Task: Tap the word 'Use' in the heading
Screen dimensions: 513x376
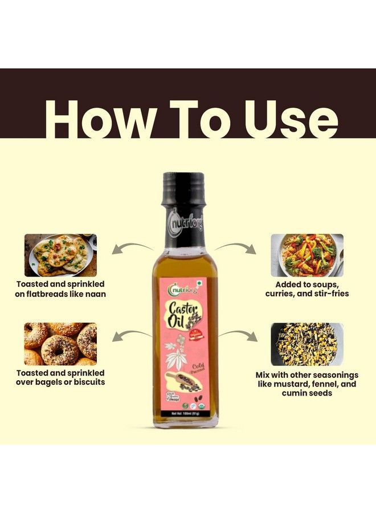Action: [288, 121]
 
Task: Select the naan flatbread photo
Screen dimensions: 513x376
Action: [60, 255]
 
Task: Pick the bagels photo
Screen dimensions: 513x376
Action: [60, 344]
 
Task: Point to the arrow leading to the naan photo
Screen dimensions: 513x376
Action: [132, 247]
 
